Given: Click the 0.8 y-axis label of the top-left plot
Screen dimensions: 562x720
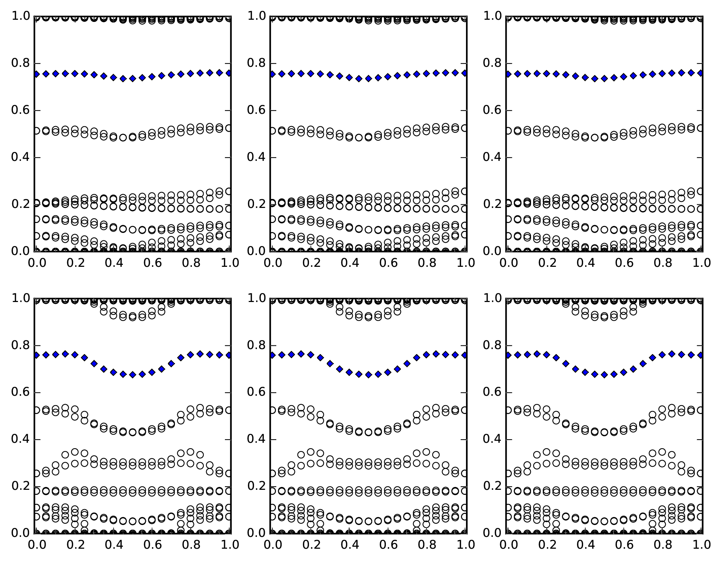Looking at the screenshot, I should [20, 64].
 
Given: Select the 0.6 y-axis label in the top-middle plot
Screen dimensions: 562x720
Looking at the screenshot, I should [256, 111].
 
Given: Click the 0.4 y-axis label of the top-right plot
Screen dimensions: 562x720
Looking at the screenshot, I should [491, 158].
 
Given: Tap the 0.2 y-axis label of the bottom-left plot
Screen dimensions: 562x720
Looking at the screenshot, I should [20, 486].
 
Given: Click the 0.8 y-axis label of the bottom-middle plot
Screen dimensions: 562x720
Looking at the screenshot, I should [256, 345].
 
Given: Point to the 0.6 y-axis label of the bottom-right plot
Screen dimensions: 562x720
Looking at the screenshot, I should [491, 393].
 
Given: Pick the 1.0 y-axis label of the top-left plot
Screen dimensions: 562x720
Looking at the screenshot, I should [20, 17].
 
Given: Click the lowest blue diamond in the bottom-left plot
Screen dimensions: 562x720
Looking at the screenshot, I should [133, 375].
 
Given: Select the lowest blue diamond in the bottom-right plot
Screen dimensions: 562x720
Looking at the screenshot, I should [604, 375].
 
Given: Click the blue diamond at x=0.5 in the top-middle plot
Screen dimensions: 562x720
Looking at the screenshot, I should [368, 79].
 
